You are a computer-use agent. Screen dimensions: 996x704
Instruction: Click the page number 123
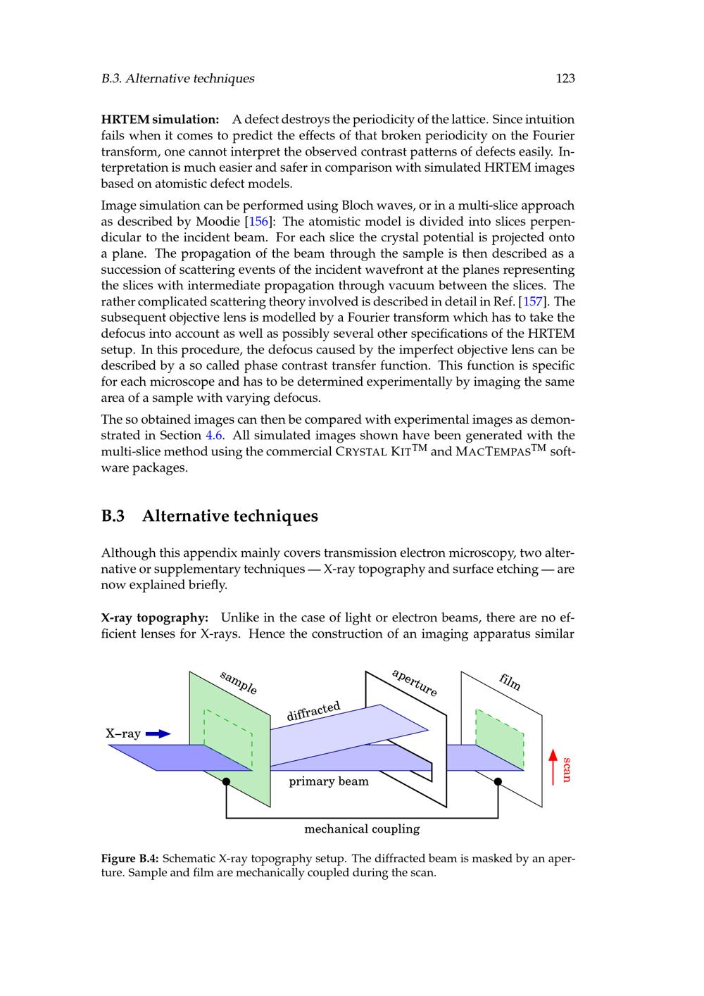pyautogui.click(x=565, y=78)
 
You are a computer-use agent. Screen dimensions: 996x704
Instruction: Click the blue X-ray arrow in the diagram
pyautogui.click(x=158, y=733)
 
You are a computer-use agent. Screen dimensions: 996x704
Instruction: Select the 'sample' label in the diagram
pyautogui.click(x=238, y=683)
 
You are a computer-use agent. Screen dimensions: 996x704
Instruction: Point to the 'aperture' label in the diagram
pyautogui.click(x=415, y=682)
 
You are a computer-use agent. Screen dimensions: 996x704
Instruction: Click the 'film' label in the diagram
pyautogui.click(x=510, y=681)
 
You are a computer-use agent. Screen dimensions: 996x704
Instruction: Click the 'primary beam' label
pyautogui.click(x=329, y=781)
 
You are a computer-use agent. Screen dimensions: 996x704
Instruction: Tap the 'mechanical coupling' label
pyautogui.click(x=362, y=828)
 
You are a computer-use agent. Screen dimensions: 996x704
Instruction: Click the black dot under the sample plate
pyautogui.click(x=226, y=781)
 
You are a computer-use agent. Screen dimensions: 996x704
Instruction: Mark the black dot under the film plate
pyautogui.click(x=498, y=781)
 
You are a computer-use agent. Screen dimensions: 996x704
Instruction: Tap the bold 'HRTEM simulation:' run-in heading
pyautogui.click(x=161, y=120)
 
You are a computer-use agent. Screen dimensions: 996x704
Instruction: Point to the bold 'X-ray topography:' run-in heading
pyautogui.click(x=155, y=618)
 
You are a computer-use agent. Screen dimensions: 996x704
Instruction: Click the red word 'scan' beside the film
pyautogui.click(x=567, y=769)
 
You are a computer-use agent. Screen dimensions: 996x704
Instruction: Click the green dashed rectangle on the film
pyautogui.click(x=500, y=739)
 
